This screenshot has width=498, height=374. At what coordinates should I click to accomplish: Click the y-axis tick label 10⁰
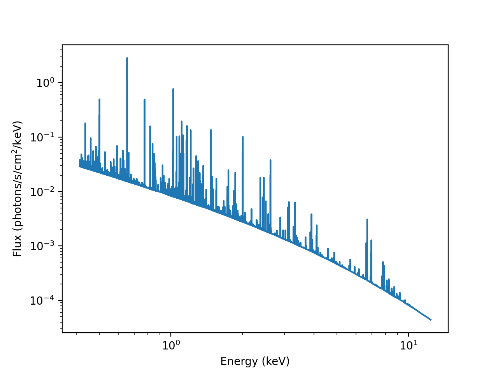pos(45,83)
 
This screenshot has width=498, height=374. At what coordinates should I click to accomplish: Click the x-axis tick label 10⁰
pos(171,344)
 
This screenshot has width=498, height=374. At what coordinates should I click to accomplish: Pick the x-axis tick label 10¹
pos(409,344)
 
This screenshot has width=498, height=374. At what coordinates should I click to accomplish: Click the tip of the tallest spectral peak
pos(127,58)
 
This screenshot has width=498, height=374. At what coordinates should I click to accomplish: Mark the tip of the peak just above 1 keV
pos(173,89)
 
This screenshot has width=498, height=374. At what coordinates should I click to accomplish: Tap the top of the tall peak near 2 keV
pos(243,137)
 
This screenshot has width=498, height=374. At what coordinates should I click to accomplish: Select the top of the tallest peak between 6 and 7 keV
pos(367,219)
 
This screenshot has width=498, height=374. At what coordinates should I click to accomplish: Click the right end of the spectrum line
pos(431,320)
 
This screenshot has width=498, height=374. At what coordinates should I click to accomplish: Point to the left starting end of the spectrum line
pos(79,166)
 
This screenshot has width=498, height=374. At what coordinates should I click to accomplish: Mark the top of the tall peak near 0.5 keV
pos(99,99)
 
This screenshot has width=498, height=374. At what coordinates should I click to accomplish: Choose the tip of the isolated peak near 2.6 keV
pos(270,160)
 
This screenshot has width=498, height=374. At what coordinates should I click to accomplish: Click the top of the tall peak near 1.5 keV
pos(211,130)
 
